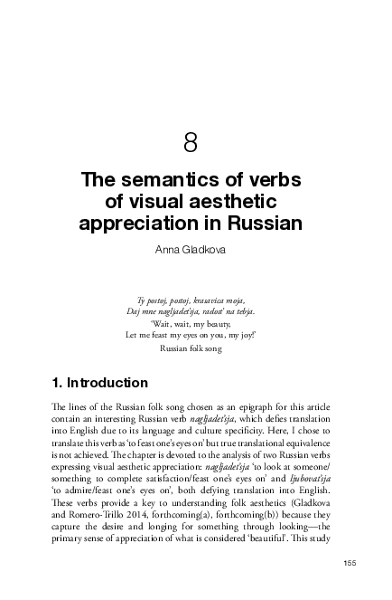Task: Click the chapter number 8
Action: (x=191, y=142)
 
